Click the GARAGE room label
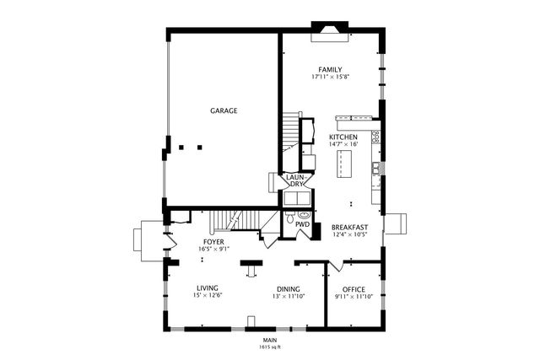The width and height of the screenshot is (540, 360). [x=224, y=110]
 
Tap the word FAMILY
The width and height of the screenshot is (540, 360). [x=330, y=69]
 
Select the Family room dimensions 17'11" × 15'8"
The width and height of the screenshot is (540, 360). [x=330, y=78]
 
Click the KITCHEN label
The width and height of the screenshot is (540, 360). [x=343, y=137]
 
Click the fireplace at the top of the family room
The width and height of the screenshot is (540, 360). [x=328, y=32]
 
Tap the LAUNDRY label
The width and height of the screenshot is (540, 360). [x=294, y=180]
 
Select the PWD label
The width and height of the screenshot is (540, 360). [x=301, y=226]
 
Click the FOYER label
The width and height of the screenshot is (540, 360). [x=213, y=242]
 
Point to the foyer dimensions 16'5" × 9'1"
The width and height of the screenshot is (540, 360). [x=213, y=250]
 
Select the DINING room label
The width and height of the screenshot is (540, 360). [x=288, y=287]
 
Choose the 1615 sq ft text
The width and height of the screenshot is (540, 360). [x=270, y=347]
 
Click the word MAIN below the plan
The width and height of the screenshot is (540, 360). [x=270, y=340]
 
